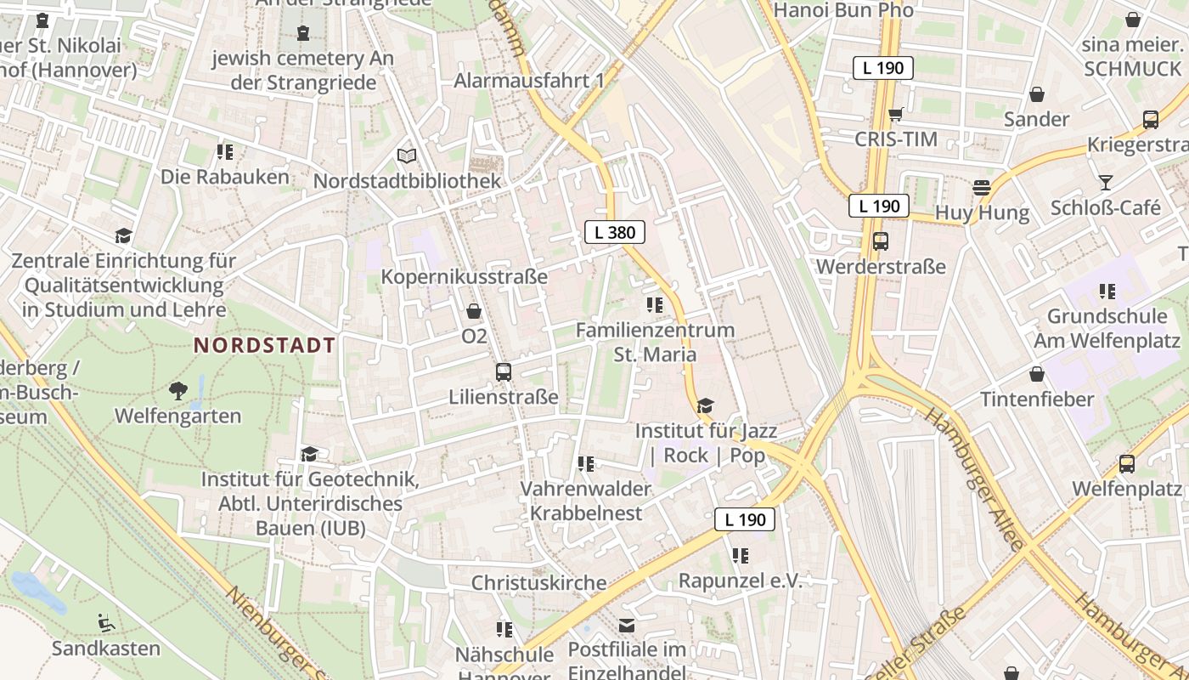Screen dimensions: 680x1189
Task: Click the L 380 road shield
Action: click(x=614, y=232)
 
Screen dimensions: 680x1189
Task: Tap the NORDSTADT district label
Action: click(x=264, y=345)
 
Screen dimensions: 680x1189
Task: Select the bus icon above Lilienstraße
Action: click(x=503, y=372)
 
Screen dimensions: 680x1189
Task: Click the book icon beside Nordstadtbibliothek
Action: click(x=407, y=156)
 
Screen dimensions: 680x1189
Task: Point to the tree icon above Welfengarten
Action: click(x=178, y=391)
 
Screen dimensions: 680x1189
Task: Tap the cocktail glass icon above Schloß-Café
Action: click(x=1105, y=183)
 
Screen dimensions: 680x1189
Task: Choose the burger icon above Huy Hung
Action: click(x=982, y=188)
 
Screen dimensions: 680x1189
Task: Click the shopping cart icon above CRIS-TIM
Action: click(x=895, y=115)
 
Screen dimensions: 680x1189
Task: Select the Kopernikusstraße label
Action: click(x=465, y=277)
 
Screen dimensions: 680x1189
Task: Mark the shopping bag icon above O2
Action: click(x=474, y=312)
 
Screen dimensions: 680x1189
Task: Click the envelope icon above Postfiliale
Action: click(x=627, y=626)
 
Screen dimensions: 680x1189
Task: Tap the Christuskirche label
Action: click(x=539, y=583)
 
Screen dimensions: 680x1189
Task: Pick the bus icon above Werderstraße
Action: click(x=881, y=241)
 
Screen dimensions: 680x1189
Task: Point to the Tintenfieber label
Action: click(x=1037, y=399)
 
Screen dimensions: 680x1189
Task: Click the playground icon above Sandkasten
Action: click(x=106, y=623)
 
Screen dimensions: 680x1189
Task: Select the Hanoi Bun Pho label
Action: click(x=844, y=10)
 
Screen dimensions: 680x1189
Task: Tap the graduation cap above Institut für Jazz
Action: click(x=705, y=405)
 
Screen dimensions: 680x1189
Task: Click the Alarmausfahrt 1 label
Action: click(x=529, y=81)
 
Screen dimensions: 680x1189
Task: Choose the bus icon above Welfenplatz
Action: click(x=1127, y=464)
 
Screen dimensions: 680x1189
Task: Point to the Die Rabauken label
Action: click(x=225, y=178)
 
